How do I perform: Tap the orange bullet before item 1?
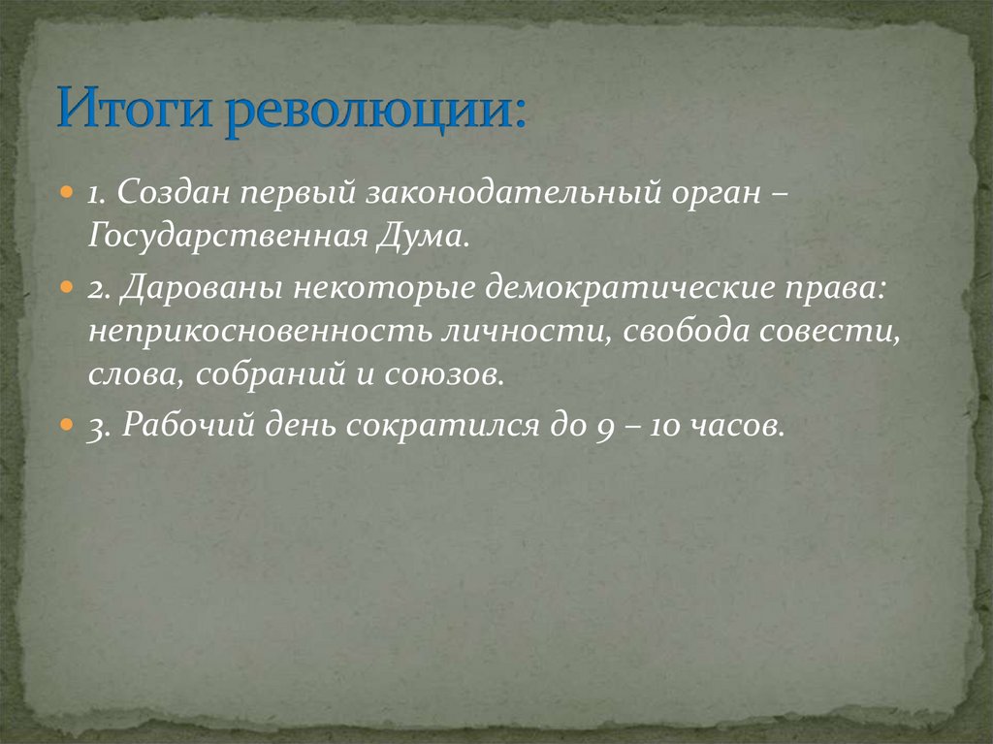point(67,193)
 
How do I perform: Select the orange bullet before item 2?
point(67,288)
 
